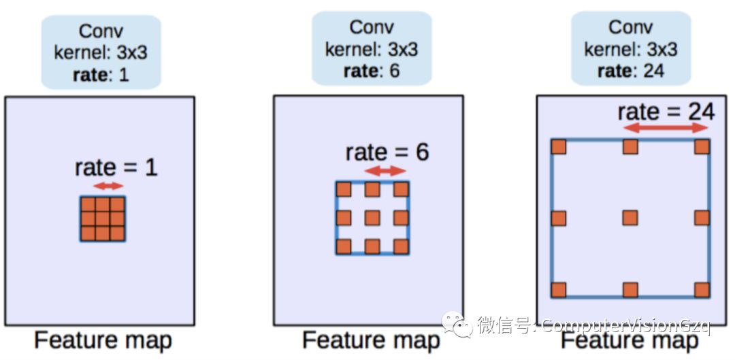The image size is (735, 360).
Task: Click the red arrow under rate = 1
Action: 108,186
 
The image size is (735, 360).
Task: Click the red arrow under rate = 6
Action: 385,172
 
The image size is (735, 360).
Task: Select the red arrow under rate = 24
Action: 666,128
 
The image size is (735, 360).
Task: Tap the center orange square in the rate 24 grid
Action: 630,218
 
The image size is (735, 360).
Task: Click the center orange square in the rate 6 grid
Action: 372,218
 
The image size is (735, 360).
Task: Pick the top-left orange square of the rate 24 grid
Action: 559,146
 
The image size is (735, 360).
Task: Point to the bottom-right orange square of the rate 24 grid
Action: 702,289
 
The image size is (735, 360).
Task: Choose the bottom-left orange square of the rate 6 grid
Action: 344,246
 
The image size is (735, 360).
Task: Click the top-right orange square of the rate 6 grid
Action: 401,189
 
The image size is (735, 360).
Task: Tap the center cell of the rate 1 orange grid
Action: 103,218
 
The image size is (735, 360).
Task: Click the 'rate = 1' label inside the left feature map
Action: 116,167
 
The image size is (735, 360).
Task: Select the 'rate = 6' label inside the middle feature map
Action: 387,152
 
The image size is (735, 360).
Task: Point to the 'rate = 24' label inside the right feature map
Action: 666,111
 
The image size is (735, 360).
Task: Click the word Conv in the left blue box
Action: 101,31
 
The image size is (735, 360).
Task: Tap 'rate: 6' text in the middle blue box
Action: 372,71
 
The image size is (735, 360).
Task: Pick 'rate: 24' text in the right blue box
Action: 630,71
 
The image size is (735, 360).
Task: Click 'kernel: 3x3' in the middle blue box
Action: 372,49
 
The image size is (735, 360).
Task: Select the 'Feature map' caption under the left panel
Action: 103,340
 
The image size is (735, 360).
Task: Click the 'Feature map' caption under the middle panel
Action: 371,340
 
